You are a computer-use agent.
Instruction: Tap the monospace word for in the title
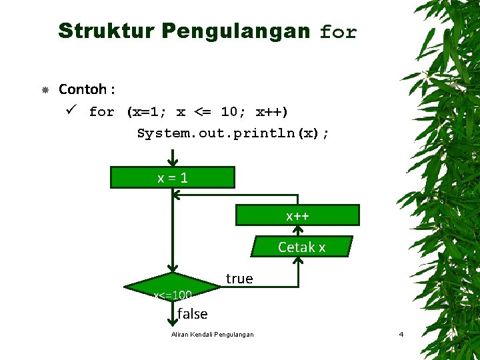(339, 32)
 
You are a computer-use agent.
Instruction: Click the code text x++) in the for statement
(272, 112)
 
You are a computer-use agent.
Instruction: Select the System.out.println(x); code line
(233, 133)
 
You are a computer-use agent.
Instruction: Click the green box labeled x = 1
(172, 177)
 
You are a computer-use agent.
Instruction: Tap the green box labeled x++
(297, 215)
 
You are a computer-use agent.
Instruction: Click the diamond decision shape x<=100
(173, 289)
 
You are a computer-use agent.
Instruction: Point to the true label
(239, 279)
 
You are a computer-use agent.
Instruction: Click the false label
(193, 314)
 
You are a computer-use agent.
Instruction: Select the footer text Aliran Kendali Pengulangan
(212, 334)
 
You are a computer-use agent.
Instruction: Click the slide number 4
(401, 334)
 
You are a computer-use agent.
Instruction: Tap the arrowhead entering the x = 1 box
(173, 163)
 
